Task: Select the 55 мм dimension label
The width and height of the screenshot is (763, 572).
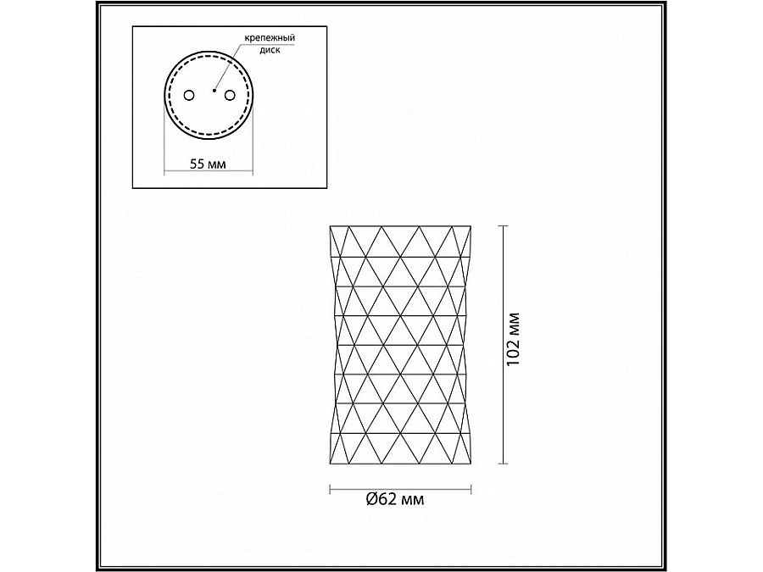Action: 208,164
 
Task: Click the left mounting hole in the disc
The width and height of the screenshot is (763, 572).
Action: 190,93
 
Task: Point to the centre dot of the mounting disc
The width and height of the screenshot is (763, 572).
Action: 214,88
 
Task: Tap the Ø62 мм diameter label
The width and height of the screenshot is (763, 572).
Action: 396,499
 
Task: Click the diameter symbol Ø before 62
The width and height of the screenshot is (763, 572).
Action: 373,499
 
